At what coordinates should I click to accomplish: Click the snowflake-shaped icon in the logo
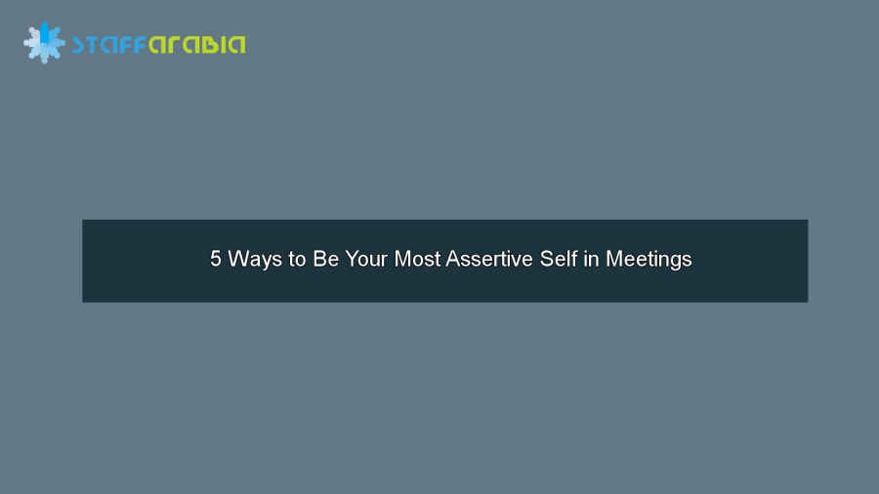point(44,43)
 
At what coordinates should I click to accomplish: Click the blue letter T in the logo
point(95,45)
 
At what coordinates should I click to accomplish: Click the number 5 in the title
point(216,260)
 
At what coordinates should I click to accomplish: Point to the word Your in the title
point(366,260)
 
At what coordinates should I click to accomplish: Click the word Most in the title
point(417,260)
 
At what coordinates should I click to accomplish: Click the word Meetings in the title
point(649,260)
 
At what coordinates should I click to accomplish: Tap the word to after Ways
point(297,260)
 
